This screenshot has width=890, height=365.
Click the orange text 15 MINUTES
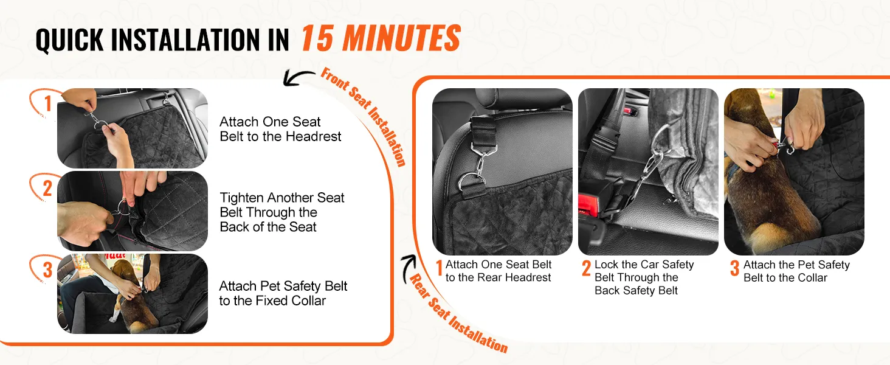[x=381, y=38]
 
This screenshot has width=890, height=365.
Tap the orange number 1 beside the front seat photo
[x=48, y=103]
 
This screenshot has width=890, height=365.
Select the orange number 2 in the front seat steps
[x=47, y=188]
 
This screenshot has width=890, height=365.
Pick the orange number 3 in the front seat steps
[x=47, y=269]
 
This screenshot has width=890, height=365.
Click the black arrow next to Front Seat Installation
[x=298, y=77]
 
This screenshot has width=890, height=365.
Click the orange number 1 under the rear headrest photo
[x=439, y=268]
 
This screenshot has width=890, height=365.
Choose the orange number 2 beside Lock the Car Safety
[x=587, y=268]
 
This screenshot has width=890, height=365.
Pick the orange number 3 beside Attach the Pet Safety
[x=734, y=268]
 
